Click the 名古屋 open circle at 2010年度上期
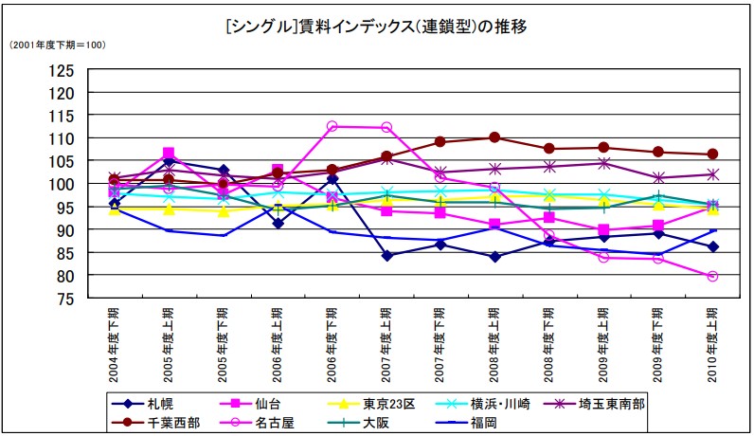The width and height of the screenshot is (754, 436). click(712, 277)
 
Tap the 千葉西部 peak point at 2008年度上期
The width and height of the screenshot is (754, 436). click(494, 137)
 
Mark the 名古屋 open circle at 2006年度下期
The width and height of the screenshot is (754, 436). click(332, 126)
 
